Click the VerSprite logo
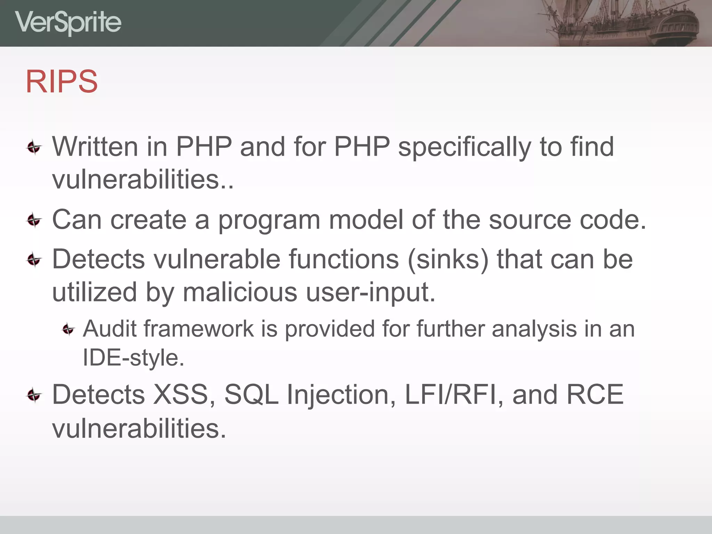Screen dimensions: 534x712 click(68, 23)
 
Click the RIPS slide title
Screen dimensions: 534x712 click(62, 81)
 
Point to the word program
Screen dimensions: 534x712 click(269, 220)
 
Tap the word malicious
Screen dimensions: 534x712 click(240, 292)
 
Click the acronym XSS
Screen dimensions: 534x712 click(181, 395)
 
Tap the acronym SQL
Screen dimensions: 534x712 click(251, 395)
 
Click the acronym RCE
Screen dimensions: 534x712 click(595, 395)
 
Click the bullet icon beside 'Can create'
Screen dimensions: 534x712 click(34, 220)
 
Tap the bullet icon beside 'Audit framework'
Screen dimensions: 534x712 click(68, 329)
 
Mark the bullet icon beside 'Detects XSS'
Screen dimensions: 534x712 click(34, 395)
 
